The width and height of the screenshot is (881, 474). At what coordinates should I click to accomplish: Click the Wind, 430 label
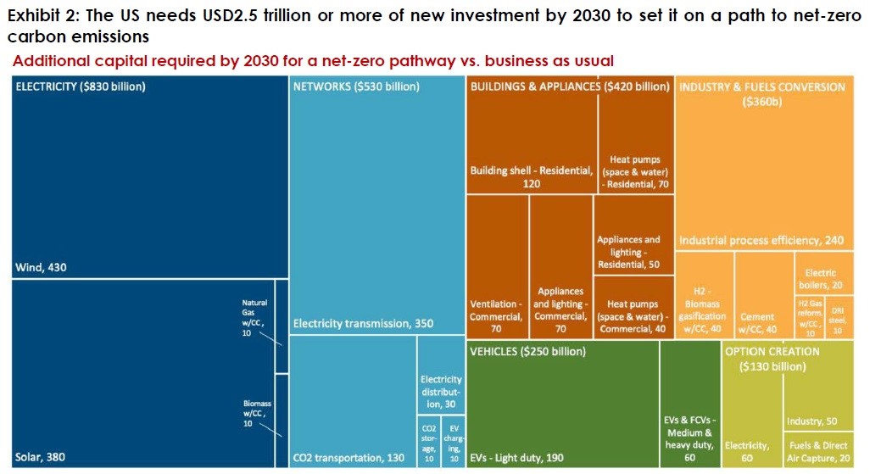coord(41,268)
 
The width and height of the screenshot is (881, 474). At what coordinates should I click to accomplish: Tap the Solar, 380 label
coord(40,458)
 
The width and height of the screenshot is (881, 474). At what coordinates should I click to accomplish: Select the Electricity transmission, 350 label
coord(351,323)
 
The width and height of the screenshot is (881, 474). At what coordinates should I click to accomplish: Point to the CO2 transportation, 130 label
coord(348,458)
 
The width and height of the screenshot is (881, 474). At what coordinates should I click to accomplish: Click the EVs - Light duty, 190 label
coord(516,458)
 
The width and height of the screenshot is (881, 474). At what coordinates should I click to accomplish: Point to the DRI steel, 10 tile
coord(838,316)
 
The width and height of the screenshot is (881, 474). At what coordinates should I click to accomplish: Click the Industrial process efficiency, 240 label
coord(761,241)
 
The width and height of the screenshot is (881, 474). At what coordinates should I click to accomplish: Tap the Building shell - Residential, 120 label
coord(531,176)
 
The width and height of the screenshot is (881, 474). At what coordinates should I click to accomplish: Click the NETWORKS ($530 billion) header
coord(356,86)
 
